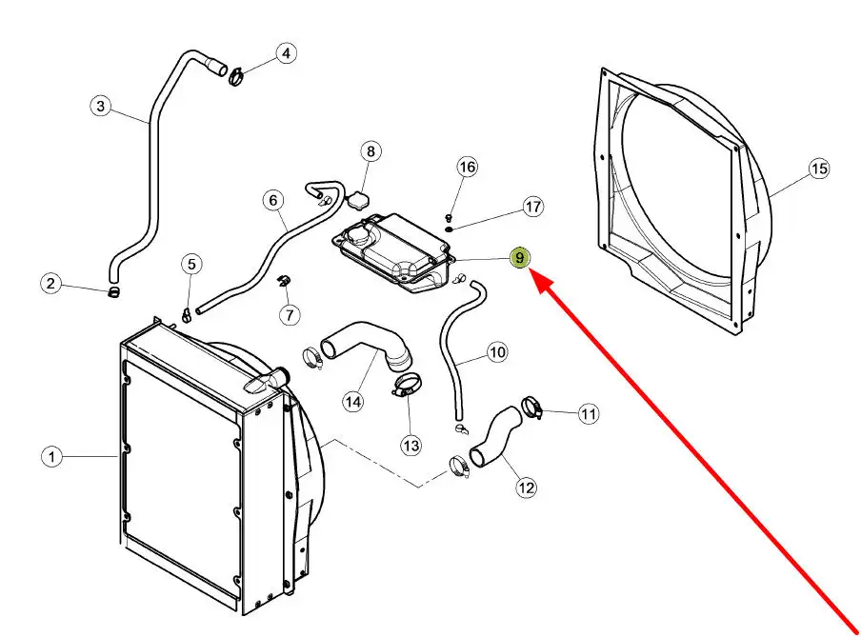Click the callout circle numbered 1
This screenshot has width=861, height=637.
[x=52, y=458]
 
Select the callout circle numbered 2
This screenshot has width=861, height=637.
[x=52, y=283]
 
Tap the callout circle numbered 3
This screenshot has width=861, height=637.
[x=102, y=106]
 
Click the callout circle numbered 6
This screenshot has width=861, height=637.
[x=273, y=201]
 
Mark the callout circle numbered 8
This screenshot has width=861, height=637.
[x=370, y=151]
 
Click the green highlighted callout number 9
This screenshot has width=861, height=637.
[x=520, y=258]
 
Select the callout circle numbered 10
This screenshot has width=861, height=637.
[x=497, y=352]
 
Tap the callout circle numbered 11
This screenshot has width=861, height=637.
[x=589, y=413]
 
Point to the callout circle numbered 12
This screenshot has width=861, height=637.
[x=526, y=488]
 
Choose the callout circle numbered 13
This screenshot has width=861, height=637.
[x=410, y=444]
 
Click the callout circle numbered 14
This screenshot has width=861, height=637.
[x=353, y=402]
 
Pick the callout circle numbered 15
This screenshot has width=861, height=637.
[x=819, y=169]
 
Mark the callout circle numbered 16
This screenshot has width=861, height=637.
[x=467, y=168]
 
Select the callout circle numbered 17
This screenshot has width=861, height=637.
[x=532, y=207]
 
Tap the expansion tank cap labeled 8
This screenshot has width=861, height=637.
[x=357, y=201]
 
